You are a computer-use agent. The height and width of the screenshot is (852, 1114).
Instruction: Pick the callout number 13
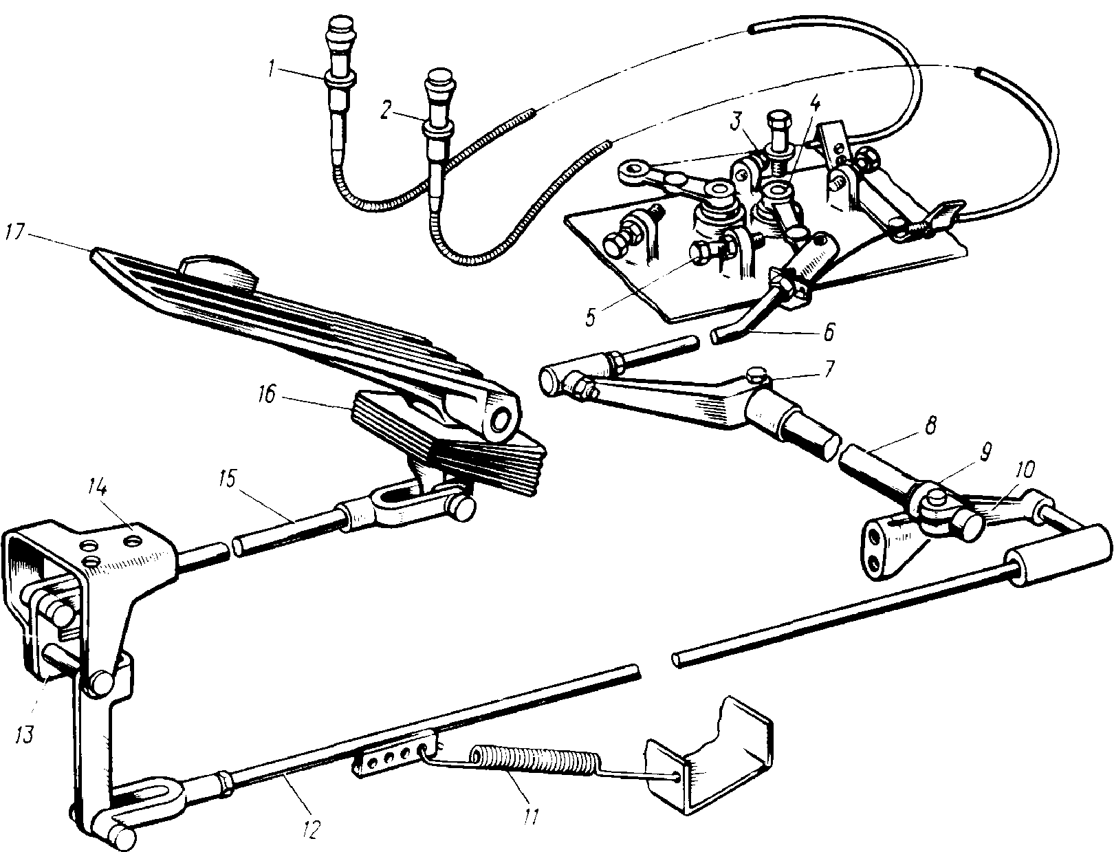pyautogui.click(x=24, y=734)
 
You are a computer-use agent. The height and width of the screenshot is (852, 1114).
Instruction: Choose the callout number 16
pyautogui.click(x=267, y=394)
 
